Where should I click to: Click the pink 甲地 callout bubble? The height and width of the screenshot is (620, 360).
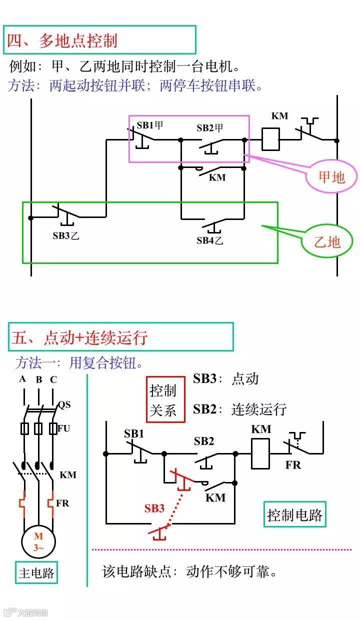332,176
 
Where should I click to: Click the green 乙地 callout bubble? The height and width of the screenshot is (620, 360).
327,242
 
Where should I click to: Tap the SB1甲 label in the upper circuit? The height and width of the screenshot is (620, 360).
150,125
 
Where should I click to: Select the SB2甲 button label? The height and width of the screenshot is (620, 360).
209,128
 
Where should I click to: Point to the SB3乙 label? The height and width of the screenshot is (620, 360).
66,235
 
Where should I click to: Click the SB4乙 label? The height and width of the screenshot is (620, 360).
209,240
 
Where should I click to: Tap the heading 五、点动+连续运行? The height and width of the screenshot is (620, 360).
80,337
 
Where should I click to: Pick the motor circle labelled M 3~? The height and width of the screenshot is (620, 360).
38,541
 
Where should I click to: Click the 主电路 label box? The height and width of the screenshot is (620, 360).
36,572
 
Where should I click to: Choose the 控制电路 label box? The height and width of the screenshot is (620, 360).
294,514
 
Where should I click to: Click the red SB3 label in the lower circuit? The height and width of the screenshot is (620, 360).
154,508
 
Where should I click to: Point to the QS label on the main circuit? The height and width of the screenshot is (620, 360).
64,404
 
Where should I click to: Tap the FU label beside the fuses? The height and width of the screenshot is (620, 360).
63,428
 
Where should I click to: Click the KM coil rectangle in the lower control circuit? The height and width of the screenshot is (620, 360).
260,453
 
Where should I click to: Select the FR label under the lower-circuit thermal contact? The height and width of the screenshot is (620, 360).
293,465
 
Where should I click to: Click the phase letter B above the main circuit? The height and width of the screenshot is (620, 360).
39,379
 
